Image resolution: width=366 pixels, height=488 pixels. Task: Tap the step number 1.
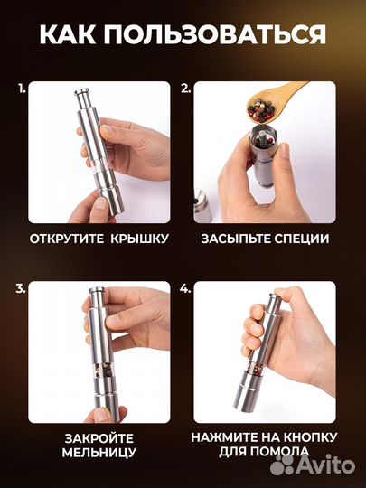[x=20, y=89]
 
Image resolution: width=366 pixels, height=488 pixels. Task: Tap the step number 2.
[x=185, y=89]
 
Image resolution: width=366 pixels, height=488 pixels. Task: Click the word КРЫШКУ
[x=138, y=239]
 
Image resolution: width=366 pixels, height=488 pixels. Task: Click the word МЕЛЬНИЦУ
[x=99, y=452]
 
